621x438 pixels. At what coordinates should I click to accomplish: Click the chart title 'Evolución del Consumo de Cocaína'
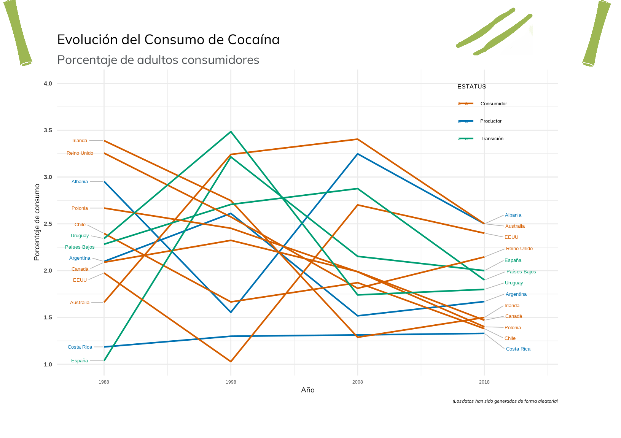click(168, 40)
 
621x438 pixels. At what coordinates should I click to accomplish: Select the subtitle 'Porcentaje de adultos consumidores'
click(158, 60)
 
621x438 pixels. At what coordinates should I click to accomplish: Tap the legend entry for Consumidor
click(494, 104)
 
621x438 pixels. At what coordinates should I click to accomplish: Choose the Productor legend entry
click(491, 121)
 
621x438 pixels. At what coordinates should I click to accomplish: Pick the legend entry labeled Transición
click(492, 139)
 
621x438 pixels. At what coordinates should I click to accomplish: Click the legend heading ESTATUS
click(471, 87)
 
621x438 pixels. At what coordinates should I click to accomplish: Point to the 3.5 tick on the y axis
click(48, 130)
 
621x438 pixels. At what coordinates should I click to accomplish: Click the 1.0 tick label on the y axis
click(48, 365)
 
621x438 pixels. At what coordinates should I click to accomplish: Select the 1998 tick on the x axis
click(231, 382)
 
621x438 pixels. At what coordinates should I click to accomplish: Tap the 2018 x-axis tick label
click(484, 382)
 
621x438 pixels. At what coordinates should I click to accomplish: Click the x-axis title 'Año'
click(307, 390)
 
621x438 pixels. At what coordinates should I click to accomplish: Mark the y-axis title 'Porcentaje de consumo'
click(37, 222)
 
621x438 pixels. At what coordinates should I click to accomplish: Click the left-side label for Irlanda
click(80, 141)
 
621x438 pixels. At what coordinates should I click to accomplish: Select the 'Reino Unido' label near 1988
click(80, 153)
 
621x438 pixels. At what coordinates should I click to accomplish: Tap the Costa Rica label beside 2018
click(518, 349)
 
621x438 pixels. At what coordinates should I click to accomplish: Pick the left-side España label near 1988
click(80, 361)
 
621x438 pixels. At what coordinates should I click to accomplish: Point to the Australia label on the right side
click(515, 226)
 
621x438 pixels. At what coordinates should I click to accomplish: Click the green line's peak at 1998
click(231, 132)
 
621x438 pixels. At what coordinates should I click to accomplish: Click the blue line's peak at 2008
click(357, 154)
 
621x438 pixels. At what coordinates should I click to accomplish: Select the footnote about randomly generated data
click(505, 401)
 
